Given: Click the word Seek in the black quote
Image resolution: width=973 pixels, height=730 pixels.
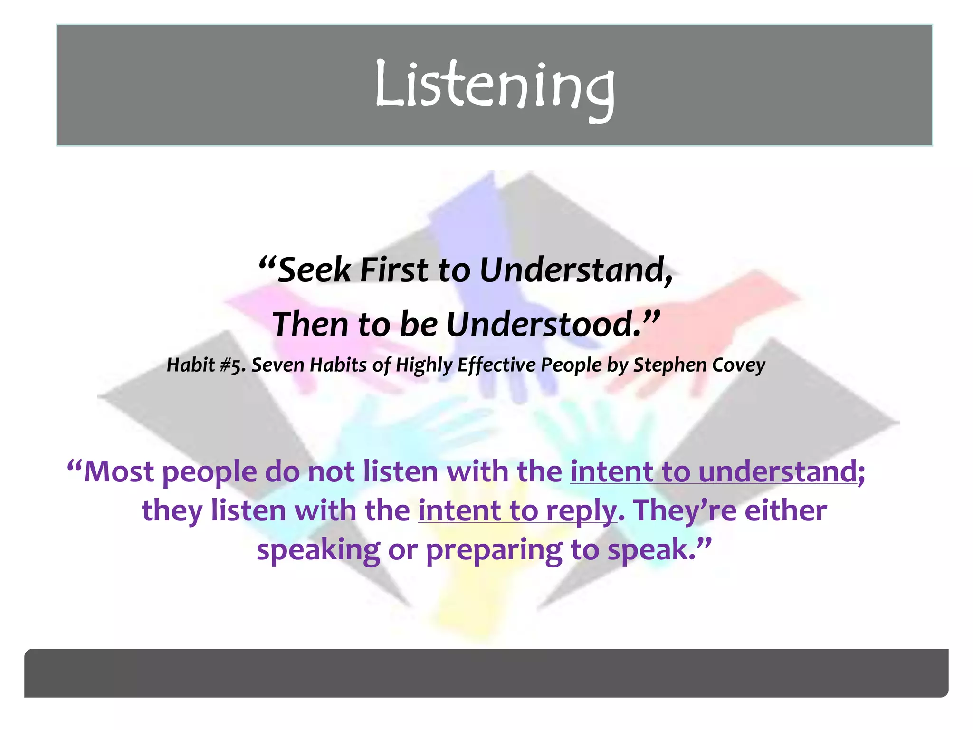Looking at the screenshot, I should pyautogui.click(x=314, y=270).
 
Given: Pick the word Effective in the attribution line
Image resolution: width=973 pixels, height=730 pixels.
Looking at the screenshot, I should pyautogui.click(x=496, y=365).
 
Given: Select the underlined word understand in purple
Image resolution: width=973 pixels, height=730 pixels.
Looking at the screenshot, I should pyautogui.click(x=778, y=471).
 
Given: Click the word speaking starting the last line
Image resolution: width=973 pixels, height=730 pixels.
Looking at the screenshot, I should pyautogui.click(x=318, y=550).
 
